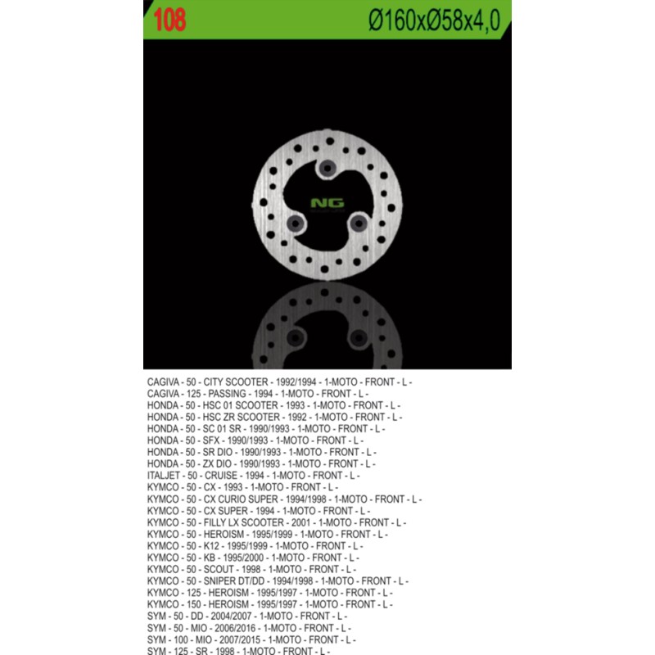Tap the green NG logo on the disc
coord(327,204)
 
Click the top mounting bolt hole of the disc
coord(328,168)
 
